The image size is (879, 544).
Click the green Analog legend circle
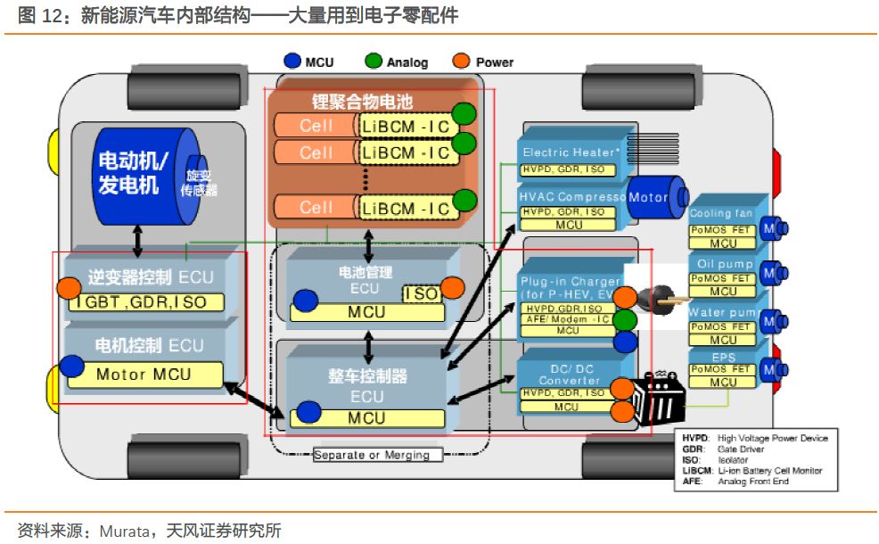374,62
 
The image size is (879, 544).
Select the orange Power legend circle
462,62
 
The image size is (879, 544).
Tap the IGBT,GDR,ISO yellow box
146,302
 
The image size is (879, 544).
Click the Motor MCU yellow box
144,374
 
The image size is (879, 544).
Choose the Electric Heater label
571,152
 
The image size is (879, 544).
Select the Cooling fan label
721,214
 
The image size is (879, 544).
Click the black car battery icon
658,400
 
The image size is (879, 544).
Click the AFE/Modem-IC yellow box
567,319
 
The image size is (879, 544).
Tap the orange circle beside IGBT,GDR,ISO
70,288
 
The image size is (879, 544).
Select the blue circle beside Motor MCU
71,366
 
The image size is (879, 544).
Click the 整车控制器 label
367,375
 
